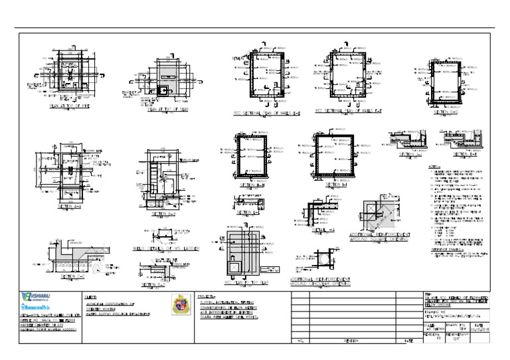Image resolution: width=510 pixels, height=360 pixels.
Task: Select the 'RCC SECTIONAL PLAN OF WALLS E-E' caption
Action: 267,112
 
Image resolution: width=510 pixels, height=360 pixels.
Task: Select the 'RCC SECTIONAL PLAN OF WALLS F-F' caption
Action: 347,111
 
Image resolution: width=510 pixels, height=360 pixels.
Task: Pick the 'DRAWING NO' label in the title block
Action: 436,310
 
